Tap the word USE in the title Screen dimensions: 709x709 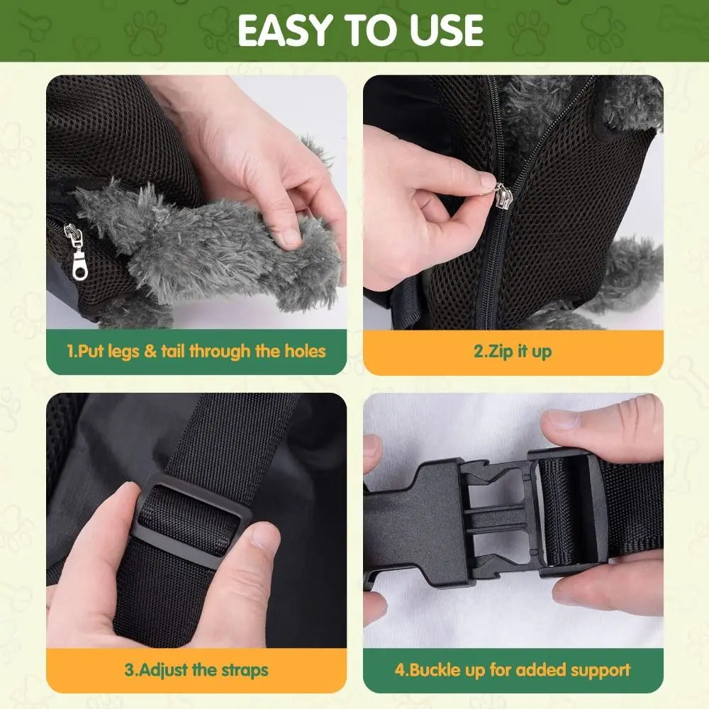443,30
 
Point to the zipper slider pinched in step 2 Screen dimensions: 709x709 501,193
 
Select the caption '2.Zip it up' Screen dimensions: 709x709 513,351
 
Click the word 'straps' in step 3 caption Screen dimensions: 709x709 243,670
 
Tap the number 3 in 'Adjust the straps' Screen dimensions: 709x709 129,670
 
